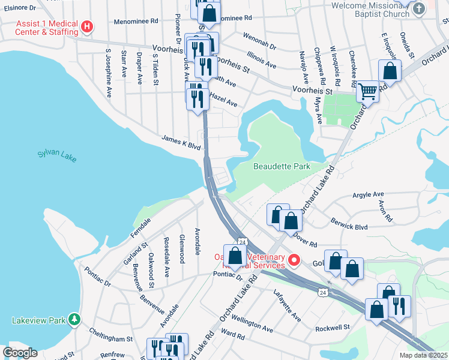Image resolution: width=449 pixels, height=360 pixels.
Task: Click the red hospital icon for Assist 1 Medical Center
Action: (87, 26)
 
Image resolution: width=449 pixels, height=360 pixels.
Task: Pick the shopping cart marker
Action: (367, 92)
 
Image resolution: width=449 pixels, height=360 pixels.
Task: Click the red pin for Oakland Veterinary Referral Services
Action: (294, 260)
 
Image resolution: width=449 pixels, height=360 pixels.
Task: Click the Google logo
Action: (20, 352)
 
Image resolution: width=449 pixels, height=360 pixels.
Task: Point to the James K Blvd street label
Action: (180, 141)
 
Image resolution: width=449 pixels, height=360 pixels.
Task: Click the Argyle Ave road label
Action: (367, 195)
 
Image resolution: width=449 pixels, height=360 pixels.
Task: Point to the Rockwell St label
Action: (333, 327)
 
